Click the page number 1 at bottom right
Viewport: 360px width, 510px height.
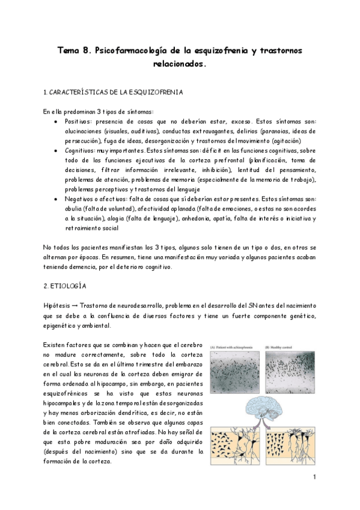coord(314,478)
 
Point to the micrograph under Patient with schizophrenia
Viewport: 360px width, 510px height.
coord(236,370)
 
